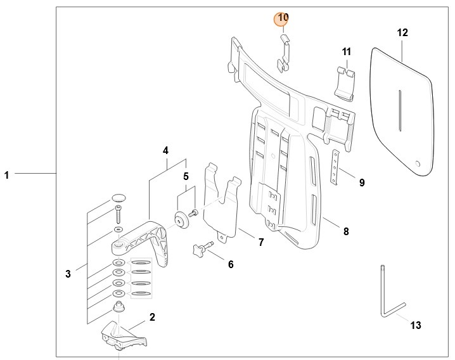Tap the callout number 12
click(x=403, y=32)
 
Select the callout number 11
click(x=347, y=51)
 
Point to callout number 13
click(x=416, y=326)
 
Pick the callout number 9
click(x=361, y=183)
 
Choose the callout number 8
click(x=346, y=231)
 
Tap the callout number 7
click(x=260, y=242)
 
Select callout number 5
click(x=186, y=176)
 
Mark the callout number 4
click(x=165, y=151)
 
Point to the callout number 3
click(x=68, y=274)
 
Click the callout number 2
click(x=152, y=316)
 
